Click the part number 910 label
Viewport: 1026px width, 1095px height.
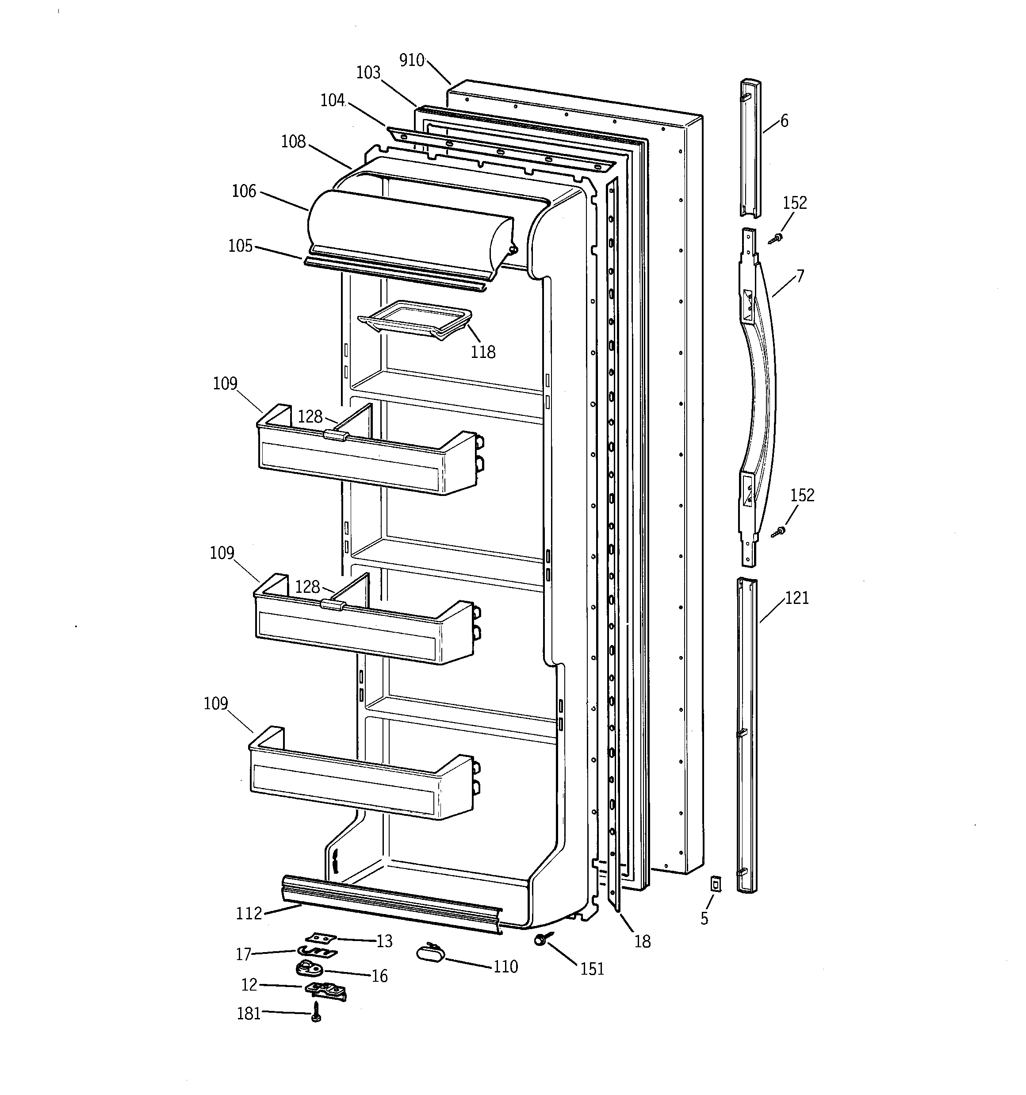pyautogui.click(x=411, y=60)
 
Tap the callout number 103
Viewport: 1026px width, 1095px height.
pyautogui.click(x=368, y=73)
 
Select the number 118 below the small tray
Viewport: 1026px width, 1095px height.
pyautogui.click(x=482, y=352)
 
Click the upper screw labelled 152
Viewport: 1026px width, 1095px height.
pyautogui.click(x=777, y=238)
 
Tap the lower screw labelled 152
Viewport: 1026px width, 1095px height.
pyautogui.click(x=779, y=531)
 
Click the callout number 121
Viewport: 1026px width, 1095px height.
pyautogui.click(x=797, y=598)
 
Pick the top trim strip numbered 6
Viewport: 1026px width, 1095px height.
pyautogui.click(x=750, y=149)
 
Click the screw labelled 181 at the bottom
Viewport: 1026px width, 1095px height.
pyautogui.click(x=316, y=1011)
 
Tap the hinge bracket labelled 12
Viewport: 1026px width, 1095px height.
pyautogui.click(x=325, y=989)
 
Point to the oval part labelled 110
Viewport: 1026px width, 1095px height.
pyautogui.click(x=431, y=951)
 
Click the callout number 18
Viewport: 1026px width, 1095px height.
pyautogui.click(x=642, y=941)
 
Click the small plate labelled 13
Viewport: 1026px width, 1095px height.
pyautogui.click(x=320, y=937)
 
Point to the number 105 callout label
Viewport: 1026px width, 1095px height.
pyautogui.click(x=240, y=246)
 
